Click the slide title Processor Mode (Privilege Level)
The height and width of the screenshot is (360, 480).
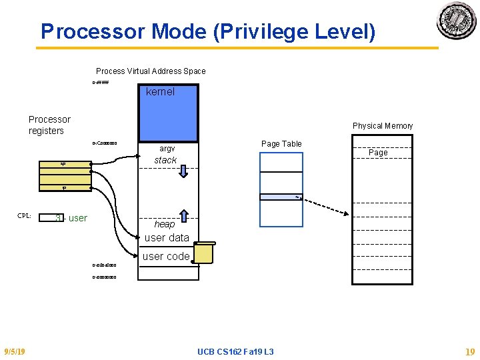208,31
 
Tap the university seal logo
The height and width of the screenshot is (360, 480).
457,21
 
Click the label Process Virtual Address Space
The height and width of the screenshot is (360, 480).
151,71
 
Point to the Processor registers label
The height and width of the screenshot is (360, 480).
49,125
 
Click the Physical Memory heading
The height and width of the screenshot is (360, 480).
383,126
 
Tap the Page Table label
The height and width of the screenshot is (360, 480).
281,144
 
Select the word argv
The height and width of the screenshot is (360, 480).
167,149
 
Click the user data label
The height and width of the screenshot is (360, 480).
167,238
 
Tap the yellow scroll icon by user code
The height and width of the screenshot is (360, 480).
203,253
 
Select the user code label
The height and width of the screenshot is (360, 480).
166,256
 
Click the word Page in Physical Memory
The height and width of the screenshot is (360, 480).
378,153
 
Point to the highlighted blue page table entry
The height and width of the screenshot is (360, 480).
281,197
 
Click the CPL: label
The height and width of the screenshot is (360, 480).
24,216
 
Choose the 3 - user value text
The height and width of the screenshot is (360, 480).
71,218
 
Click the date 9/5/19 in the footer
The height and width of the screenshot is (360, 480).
15,351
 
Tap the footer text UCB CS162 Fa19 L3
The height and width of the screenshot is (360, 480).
236,351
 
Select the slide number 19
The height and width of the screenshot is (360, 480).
470,351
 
